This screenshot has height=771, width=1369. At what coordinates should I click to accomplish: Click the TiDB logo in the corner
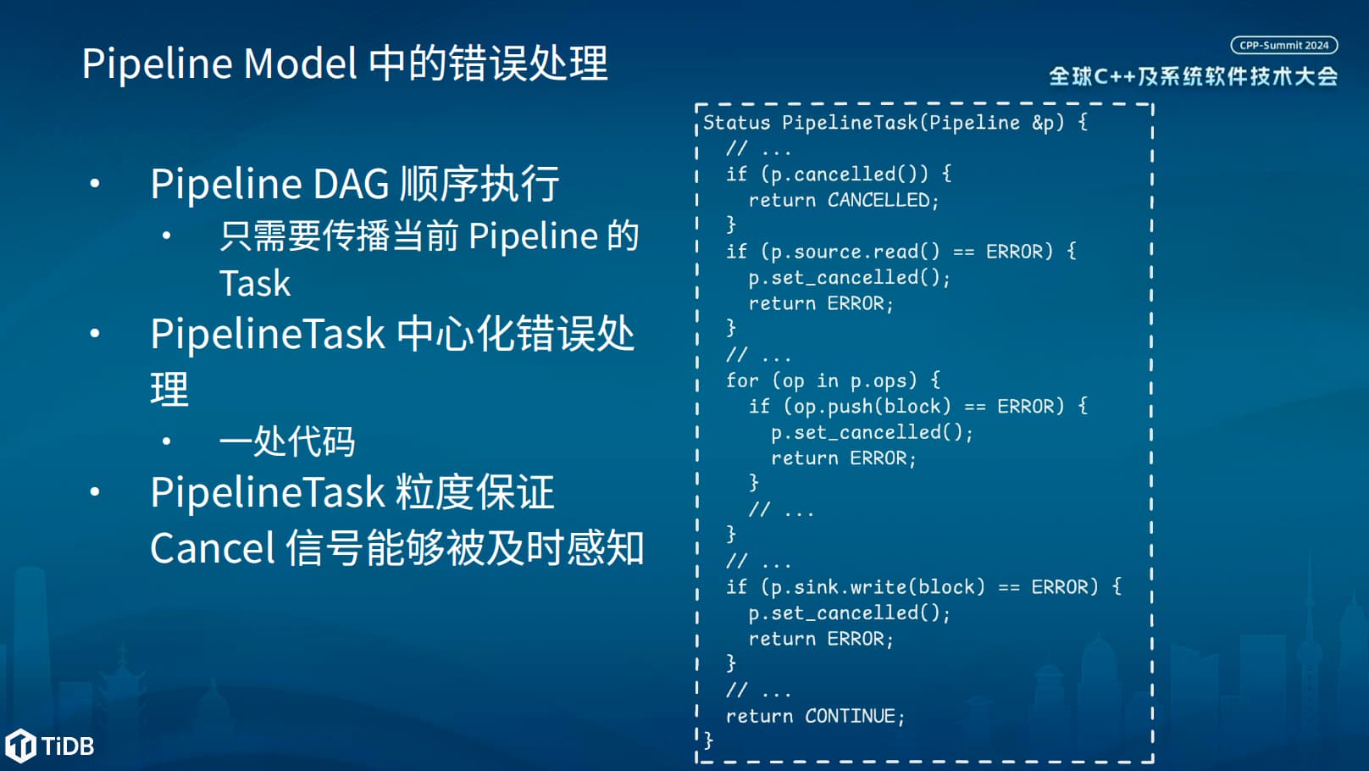(50, 746)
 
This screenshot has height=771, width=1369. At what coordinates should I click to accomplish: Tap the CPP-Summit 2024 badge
(1284, 45)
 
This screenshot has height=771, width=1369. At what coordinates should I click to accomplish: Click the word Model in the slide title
(300, 63)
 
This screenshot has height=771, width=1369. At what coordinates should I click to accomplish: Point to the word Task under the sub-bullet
(255, 283)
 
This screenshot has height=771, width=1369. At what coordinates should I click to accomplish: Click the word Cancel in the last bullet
(212, 548)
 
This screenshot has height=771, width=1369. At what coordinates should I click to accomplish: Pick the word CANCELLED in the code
(878, 200)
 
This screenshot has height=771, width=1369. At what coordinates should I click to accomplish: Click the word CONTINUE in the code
(851, 716)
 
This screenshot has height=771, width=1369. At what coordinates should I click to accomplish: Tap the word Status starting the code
(736, 122)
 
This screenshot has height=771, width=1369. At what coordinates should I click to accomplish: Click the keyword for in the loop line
(742, 380)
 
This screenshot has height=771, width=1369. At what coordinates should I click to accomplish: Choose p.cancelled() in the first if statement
(844, 175)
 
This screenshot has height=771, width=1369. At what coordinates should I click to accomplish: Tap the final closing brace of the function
(708, 741)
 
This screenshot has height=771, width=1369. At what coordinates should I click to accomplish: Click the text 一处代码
(287, 441)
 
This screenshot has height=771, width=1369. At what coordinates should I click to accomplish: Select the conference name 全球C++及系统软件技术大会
(1194, 76)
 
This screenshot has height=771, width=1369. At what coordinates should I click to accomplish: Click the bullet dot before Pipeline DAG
(95, 183)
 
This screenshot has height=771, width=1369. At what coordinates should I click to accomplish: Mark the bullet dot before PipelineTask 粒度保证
(95, 491)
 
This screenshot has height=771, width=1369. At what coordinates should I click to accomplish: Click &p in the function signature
(1043, 123)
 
